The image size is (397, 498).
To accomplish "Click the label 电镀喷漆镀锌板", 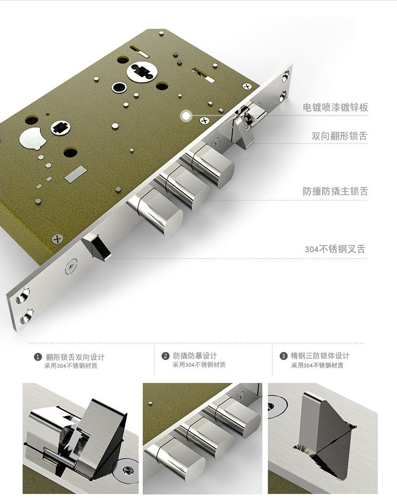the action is pyautogui.click(x=335, y=108).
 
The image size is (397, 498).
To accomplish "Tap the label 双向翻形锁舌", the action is pyautogui.click(x=339, y=136).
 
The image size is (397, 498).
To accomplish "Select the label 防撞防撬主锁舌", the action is pyautogui.click(x=335, y=191).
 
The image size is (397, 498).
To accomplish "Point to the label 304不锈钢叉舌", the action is pyautogui.click(x=335, y=249).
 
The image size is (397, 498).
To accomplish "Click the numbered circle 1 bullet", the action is pyautogui.click(x=38, y=357).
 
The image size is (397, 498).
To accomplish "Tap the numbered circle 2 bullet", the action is pyautogui.click(x=165, y=356).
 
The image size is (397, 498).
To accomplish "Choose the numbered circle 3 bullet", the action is pyautogui.click(x=283, y=356).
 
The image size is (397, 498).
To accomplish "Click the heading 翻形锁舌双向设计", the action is pyautogui.click(x=75, y=357).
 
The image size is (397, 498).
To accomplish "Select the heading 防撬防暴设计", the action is pyautogui.click(x=195, y=356).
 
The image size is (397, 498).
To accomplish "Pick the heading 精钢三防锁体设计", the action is pyautogui.click(x=320, y=356).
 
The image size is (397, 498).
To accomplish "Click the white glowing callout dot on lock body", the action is pyautogui.click(x=186, y=116).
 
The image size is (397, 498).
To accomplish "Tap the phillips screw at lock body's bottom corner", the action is pyautogui.click(x=57, y=239).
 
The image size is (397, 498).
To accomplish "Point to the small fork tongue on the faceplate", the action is pyautogui.click(x=96, y=246).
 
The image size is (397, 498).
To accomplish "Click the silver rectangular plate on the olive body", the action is pyautogui.click(x=75, y=174).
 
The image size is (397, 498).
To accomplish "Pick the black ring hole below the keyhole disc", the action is pyautogui.click(x=119, y=87).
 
